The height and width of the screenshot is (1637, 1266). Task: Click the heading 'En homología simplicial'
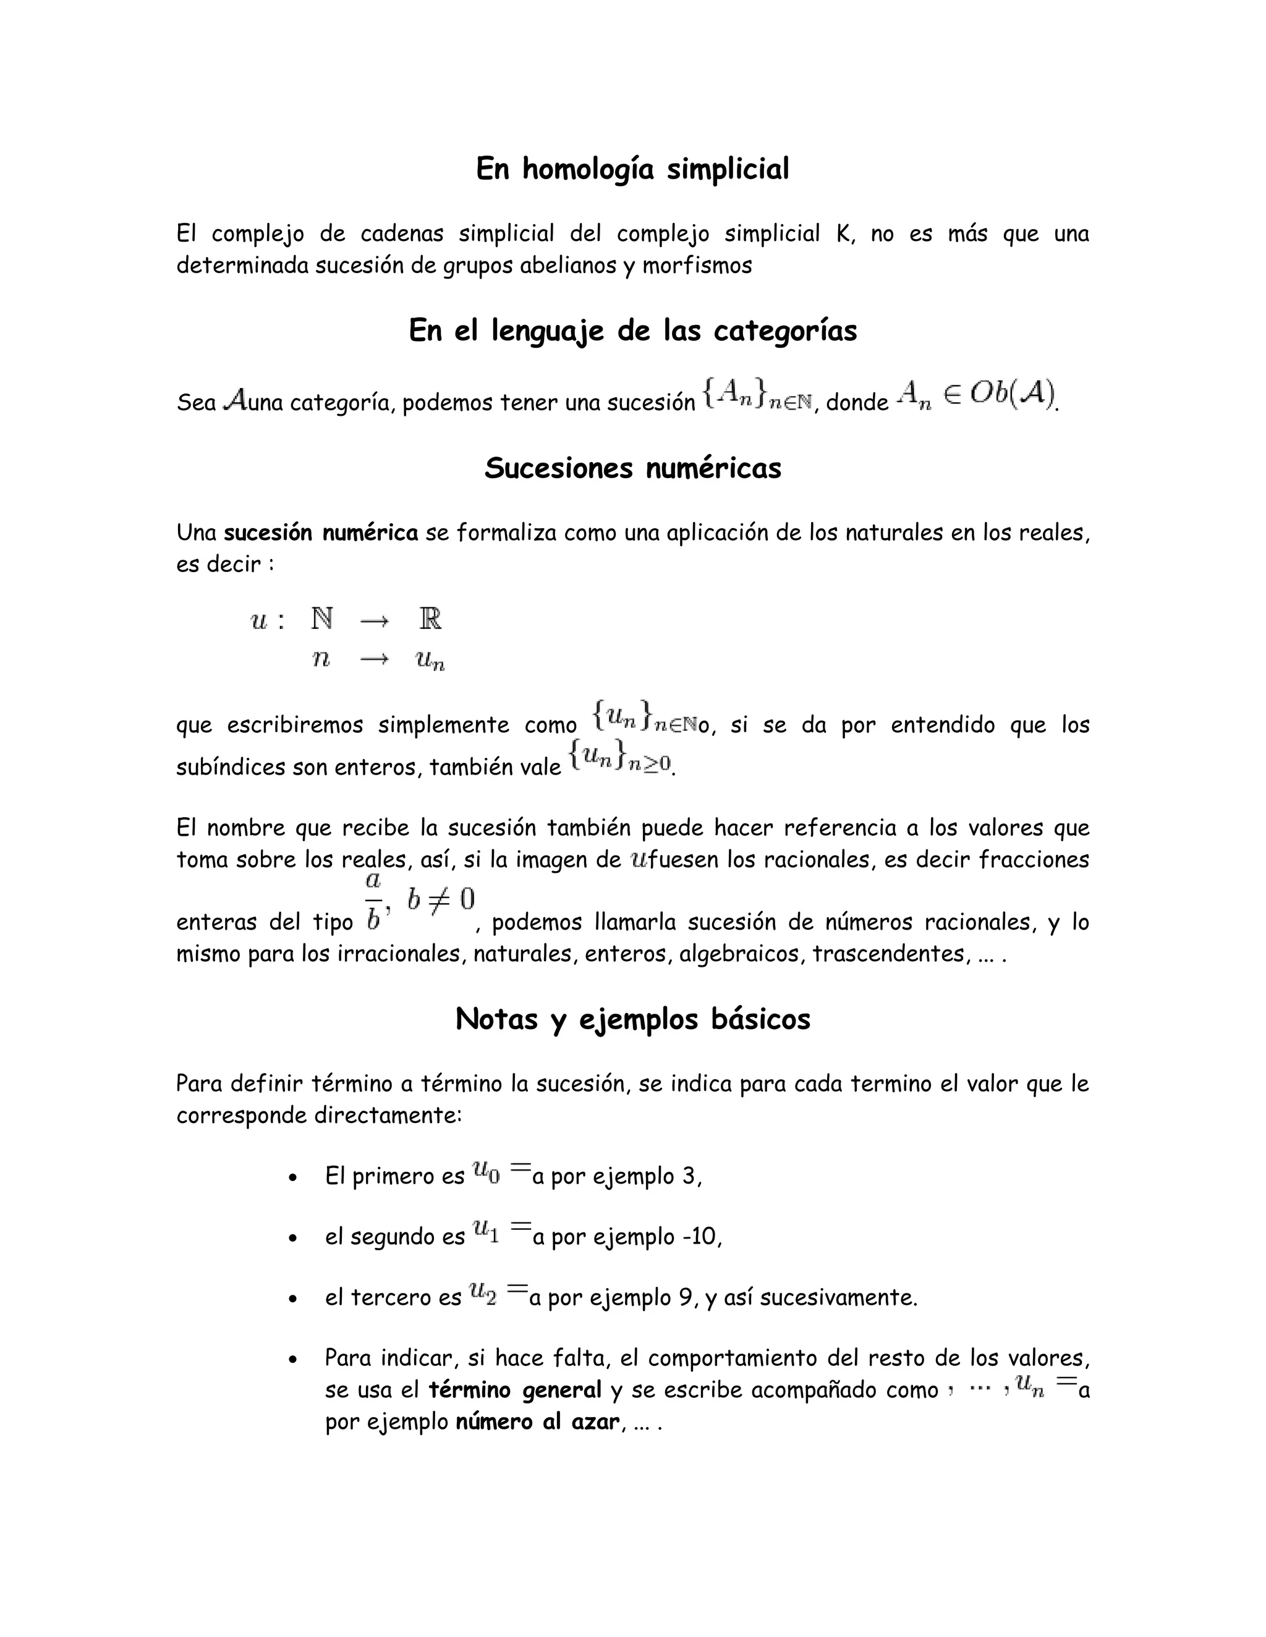click(x=632, y=169)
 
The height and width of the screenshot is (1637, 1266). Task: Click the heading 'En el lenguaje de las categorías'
click(x=632, y=330)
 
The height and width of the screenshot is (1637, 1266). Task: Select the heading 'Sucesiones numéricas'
click(x=632, y=468)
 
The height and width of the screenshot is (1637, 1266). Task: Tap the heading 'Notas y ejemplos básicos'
click(x=632, y=1019)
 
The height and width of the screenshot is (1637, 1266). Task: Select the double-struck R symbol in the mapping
click(x=430, y=619)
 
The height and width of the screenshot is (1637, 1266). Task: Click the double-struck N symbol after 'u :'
click(x=321, y=619)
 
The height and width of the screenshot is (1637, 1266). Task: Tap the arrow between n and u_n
click(x=374, y=660)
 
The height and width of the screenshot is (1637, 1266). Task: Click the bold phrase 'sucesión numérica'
click(x=321, y=533)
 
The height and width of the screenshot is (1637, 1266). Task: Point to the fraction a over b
click(x=373, y=900)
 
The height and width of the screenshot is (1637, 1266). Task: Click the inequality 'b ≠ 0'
click(x=441, y=899)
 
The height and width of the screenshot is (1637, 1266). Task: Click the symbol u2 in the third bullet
click(x=482, y=1292)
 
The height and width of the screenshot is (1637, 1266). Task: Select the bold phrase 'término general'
click(x=514, y=1391)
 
